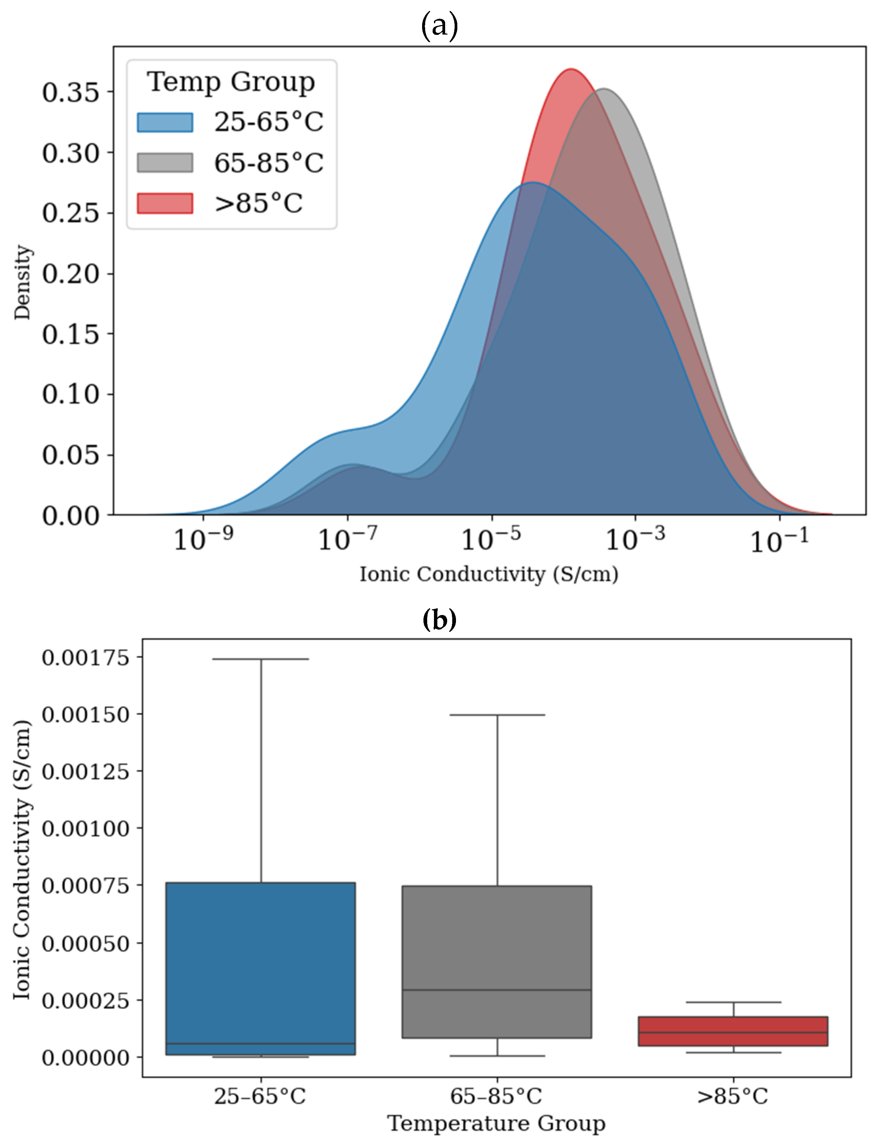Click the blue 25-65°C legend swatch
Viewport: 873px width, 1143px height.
(x=165, y=123)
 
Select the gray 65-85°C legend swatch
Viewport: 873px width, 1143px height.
(x=165, y=163)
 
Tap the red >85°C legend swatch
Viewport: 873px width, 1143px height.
(x=165, y=203)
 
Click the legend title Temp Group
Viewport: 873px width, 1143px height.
(x=231, y=82)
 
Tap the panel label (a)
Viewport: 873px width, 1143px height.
(x=439, y=26)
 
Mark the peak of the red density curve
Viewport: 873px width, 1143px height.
(x=571, y=69)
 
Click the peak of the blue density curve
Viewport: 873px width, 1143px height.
(x=532, y=183)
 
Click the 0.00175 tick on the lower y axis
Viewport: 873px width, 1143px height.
(x=85, y=658)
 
